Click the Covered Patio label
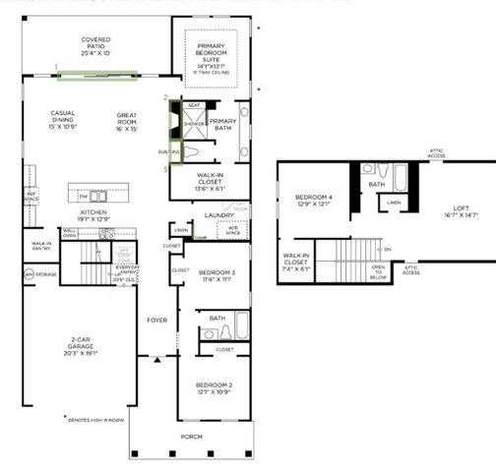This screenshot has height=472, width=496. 95,45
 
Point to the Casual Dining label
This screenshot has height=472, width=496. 63,119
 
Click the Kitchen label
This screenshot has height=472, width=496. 93,216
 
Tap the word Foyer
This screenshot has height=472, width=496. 157,321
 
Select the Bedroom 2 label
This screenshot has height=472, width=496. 214,388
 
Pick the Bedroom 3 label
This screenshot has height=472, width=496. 214,275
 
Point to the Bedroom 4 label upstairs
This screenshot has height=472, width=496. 314,202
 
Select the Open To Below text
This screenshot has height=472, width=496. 378,272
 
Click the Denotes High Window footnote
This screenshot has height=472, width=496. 95,420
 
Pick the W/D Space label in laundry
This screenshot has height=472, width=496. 232,232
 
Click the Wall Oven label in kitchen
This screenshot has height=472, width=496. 70,234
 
